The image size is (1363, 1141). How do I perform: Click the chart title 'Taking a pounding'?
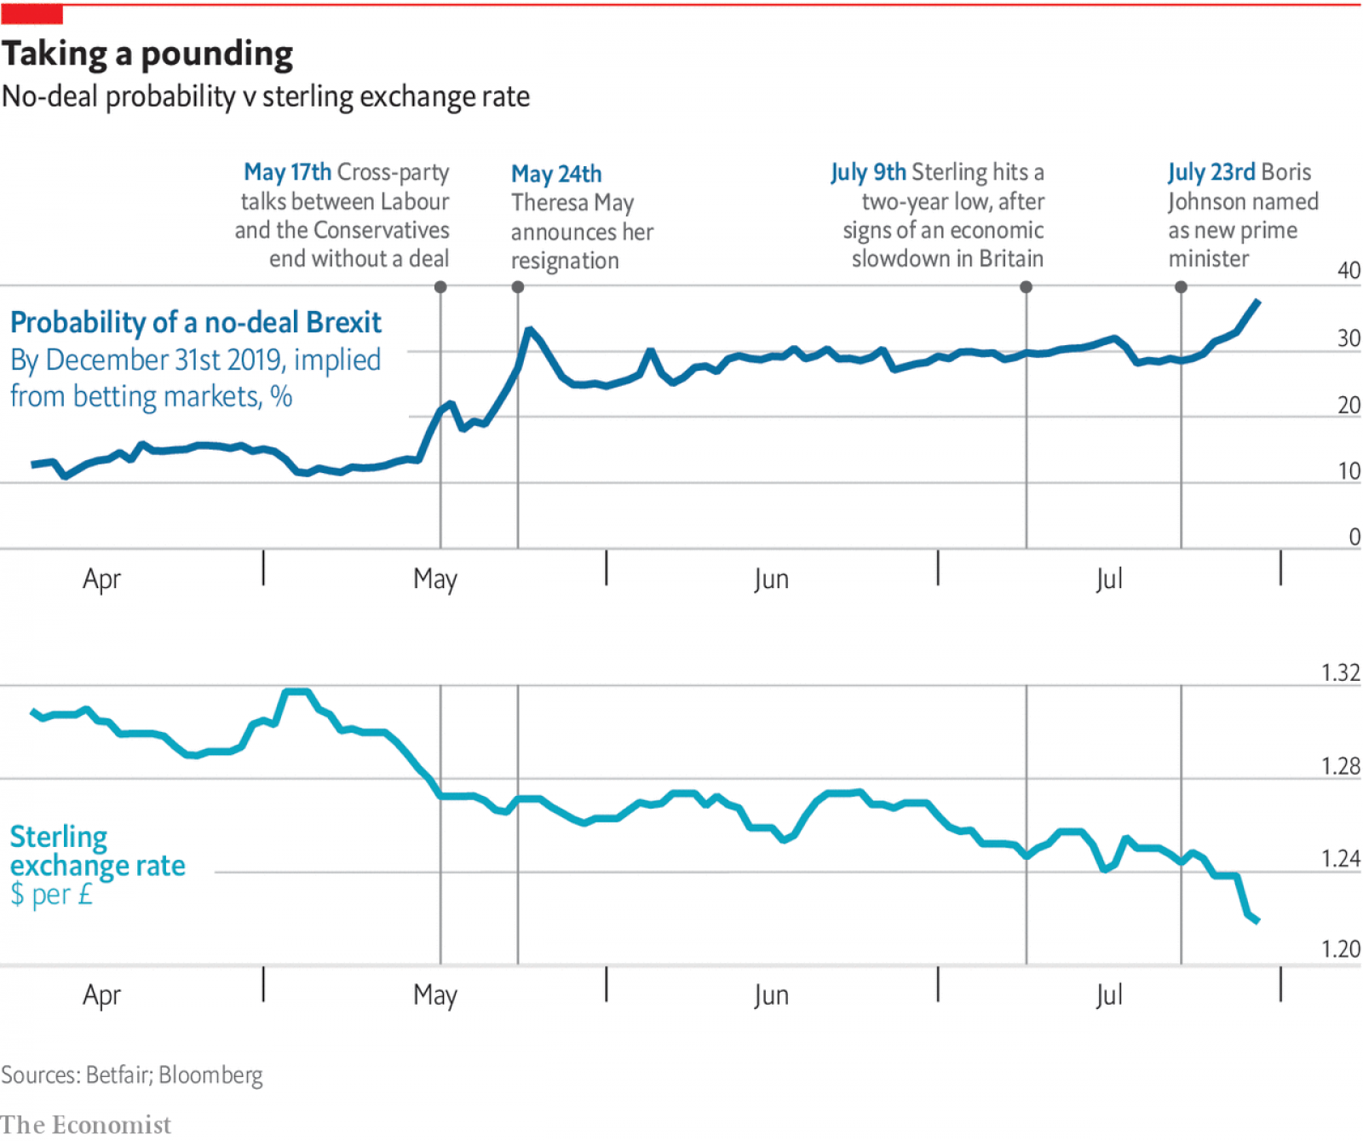point(147,54)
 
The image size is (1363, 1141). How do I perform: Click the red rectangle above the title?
point(32,14)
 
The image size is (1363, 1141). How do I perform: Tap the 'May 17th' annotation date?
point(287,172)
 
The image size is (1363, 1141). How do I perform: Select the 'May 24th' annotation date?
point(556,174)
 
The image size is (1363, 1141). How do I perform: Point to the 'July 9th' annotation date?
point(868,172)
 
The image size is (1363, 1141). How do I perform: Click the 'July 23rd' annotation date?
point(1211,172)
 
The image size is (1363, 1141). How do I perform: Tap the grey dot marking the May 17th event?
point(440,287)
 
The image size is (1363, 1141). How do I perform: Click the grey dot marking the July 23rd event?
point(1181,287)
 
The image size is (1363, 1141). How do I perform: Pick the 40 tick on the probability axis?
point(1349,271)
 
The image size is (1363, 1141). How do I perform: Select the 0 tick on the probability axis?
point(1354,537)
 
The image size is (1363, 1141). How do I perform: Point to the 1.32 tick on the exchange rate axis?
point(1340,673)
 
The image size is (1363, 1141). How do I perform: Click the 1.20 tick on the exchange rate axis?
point(1340,949)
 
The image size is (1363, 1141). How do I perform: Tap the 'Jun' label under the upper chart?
point(771,579)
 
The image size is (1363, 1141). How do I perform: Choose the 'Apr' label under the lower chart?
point(101,995)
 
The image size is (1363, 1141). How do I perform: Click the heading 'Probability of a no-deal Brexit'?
point(196,323)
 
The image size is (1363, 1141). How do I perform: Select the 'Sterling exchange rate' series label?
point(97,851)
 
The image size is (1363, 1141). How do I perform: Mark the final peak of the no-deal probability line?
point(1258,301)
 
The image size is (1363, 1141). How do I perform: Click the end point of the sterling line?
point(1257,920)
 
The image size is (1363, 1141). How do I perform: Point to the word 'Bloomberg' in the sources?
point(210,1075)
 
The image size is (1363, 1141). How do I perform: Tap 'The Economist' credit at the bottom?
point(85,1125)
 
